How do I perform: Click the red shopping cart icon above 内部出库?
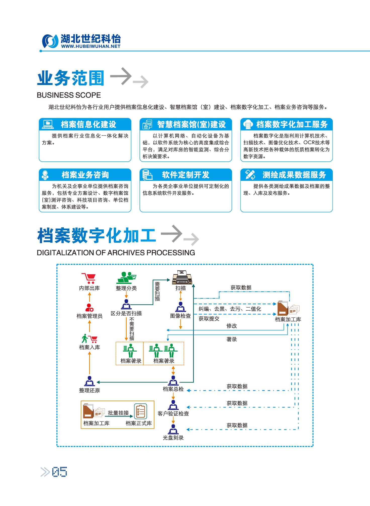88,278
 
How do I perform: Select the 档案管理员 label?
89,316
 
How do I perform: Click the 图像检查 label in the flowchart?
180,316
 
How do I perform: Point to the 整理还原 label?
89,390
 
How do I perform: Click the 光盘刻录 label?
173,438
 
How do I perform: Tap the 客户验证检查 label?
173,413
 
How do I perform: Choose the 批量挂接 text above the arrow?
118,413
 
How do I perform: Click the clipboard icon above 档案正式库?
140,411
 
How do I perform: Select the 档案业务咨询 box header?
85,175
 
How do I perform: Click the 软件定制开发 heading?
186,175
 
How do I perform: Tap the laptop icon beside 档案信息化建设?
48,124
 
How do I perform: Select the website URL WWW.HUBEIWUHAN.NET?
90,46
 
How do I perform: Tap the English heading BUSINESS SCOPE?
69,95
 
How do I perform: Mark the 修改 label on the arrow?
232,326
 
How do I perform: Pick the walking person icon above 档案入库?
85,339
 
